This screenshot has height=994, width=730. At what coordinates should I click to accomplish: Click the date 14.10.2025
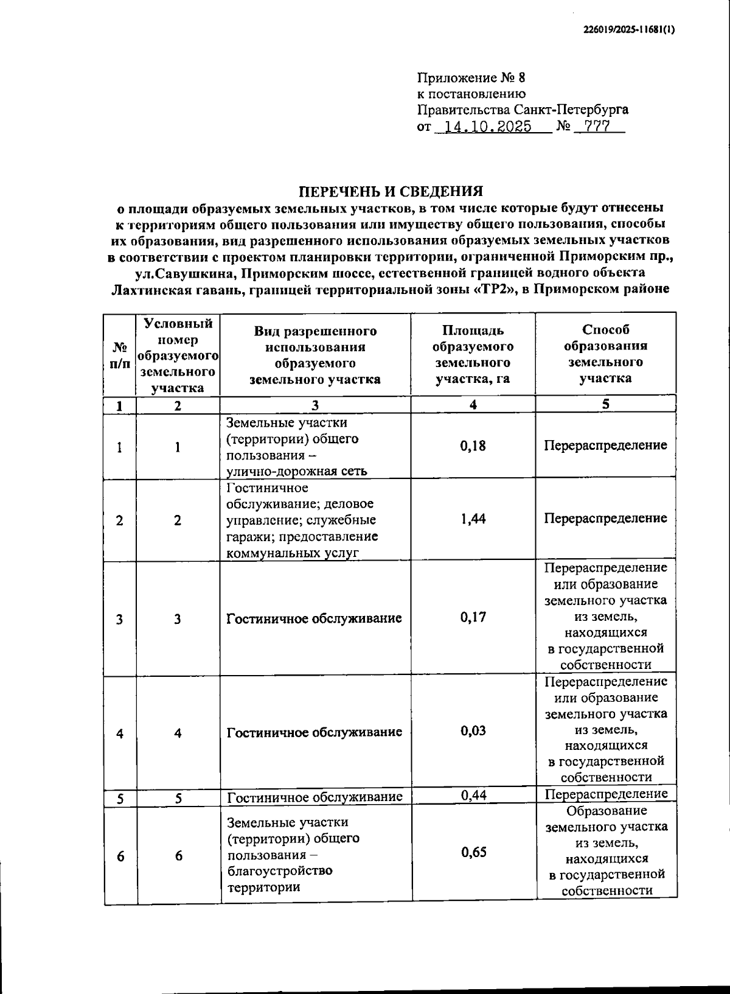(x=487, y=127)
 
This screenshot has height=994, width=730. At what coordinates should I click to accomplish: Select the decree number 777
(x=596, y=127)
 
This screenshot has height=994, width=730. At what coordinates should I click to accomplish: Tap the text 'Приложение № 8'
(x=470, y=78)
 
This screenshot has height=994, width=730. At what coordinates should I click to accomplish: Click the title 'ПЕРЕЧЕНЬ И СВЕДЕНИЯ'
(x=391, y=191)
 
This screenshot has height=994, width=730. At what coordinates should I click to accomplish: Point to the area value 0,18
(x=473, y=446)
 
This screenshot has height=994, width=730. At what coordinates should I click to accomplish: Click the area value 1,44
(x=473, y=519)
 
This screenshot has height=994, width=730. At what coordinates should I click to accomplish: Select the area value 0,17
(x=473, y=617)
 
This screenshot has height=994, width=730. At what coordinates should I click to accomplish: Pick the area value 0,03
(x=473, y=730)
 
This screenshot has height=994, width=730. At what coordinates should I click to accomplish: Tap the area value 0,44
(x=473, y=795)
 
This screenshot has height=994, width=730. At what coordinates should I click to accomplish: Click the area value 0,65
(x=474, y=852)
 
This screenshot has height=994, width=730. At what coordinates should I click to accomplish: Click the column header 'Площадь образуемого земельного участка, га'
(x=473, y=354)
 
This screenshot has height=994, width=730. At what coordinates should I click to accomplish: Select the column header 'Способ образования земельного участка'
(x=605, y=354)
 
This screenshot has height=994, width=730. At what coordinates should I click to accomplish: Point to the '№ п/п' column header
(x=120, y=354)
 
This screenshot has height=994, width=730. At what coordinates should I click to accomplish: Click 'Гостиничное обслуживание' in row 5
(x=315, y=797)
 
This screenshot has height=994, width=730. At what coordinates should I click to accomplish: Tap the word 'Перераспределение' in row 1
(x=605, y=446)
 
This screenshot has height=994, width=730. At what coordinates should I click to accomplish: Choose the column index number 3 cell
(x=315, y=405)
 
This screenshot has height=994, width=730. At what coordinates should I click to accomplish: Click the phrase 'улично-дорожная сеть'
(x=296, y=471)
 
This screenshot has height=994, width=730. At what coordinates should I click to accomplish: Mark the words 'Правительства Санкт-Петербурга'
(x=523, y=110)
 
